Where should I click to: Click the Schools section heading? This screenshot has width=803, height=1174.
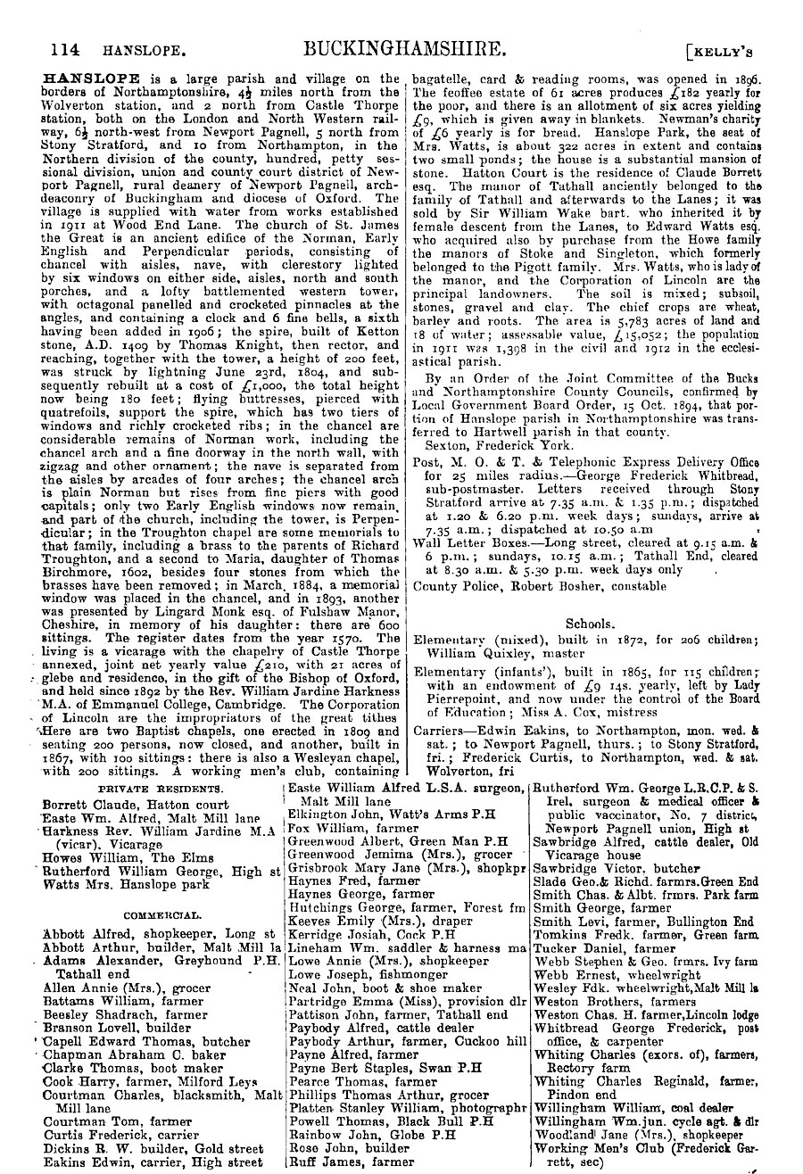[x=590, y=624]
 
